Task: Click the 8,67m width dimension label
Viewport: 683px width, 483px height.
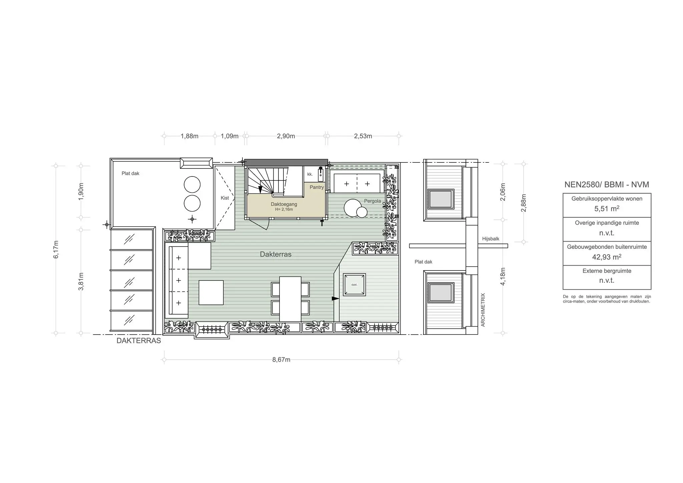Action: tap(281, 360)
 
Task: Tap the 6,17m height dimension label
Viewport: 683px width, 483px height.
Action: tap(56, 249)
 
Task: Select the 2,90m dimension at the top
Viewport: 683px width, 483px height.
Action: tap(286, 136)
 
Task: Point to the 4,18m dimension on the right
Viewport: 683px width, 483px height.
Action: tap(503, 276)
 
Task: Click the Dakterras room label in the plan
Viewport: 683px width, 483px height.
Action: tap(276, 254)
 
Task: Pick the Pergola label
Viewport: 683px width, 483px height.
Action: tap(373, 201)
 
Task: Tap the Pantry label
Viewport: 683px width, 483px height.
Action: tap(316, 187)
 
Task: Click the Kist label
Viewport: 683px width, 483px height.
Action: tap(225, 198)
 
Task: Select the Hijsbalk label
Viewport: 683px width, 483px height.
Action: tap(491, 239)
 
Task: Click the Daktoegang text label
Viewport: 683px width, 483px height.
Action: tap(284, 204)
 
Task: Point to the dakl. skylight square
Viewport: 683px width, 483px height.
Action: tap(355, 285)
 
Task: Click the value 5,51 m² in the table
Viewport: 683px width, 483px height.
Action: tap(607, 209)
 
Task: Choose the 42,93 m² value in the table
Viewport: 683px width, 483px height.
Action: tap(607, 257)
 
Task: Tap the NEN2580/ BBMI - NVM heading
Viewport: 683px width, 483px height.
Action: tap(607, 185)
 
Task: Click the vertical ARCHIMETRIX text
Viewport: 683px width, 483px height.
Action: tap(483, 310)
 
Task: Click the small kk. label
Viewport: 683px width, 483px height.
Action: tap(310, 174)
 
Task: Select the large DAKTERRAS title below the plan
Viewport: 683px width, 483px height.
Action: tap(139, 341)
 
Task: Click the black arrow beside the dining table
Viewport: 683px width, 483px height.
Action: tap(335, 298)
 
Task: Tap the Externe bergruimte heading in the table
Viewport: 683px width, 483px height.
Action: tap(607, 271)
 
